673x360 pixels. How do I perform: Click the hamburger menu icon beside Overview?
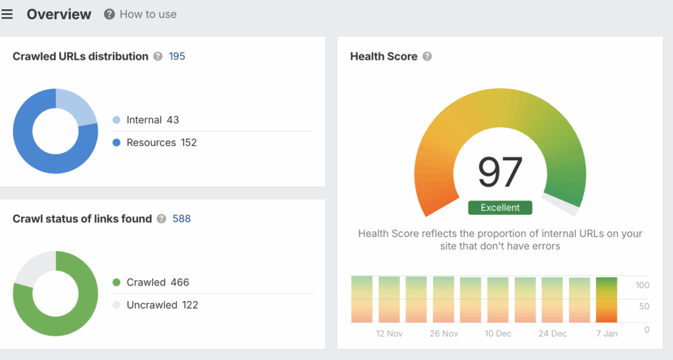pyautogui.click(x=7, y=14)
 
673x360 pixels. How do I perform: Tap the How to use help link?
pyautogui.click(x=141, y=14)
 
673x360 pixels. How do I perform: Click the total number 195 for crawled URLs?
pyautogui.click(x=177, y=56)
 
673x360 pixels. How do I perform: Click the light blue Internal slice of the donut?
pyautogui.click(x=78, y=107)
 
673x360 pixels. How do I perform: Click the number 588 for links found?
pyautogui.click(x=181, y=219)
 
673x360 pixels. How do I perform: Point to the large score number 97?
pyautogui.click(x=500, y=172)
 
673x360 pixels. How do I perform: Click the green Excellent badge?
pyautogui.click(x=500, y=208)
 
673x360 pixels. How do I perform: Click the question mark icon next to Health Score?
pyautogui.click(x=427, y=56)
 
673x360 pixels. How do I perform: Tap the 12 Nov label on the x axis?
pyautogui.click(x=389, y=334)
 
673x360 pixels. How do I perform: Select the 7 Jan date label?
pyautogui.click(x=607, y=334)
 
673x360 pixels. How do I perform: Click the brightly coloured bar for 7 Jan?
pyautogui.click(x=607, y=300)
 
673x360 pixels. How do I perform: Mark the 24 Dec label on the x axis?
pyautogui.click(x=553, y=334)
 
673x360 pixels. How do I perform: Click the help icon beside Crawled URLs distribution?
pyautogui.click(x=158, y=56)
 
